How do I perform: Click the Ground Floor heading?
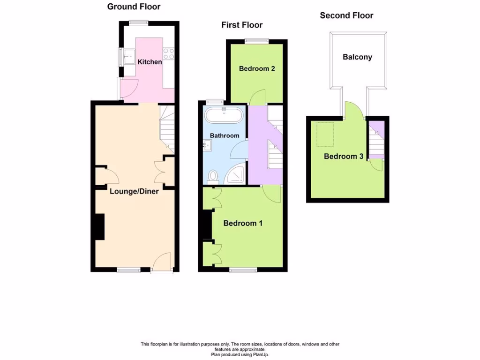tap(134, 7)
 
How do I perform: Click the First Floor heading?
tap(242, 25)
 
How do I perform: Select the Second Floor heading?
tap(346, 15)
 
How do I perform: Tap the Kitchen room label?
tap(150, 62)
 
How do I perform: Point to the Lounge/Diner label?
tap(134, 191)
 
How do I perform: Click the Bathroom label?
tap(224, 135)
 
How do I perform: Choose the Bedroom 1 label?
tap(242, 223)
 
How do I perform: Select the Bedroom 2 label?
tap(256, 68)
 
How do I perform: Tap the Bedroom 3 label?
tap(344, 156)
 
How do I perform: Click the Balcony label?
tap(357, 57)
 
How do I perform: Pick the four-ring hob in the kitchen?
tap(169, 54)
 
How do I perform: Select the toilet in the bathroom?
tap(214, 176)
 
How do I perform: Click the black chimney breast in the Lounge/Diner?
tap(99, 227)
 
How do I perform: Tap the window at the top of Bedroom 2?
tap(256, 41)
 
